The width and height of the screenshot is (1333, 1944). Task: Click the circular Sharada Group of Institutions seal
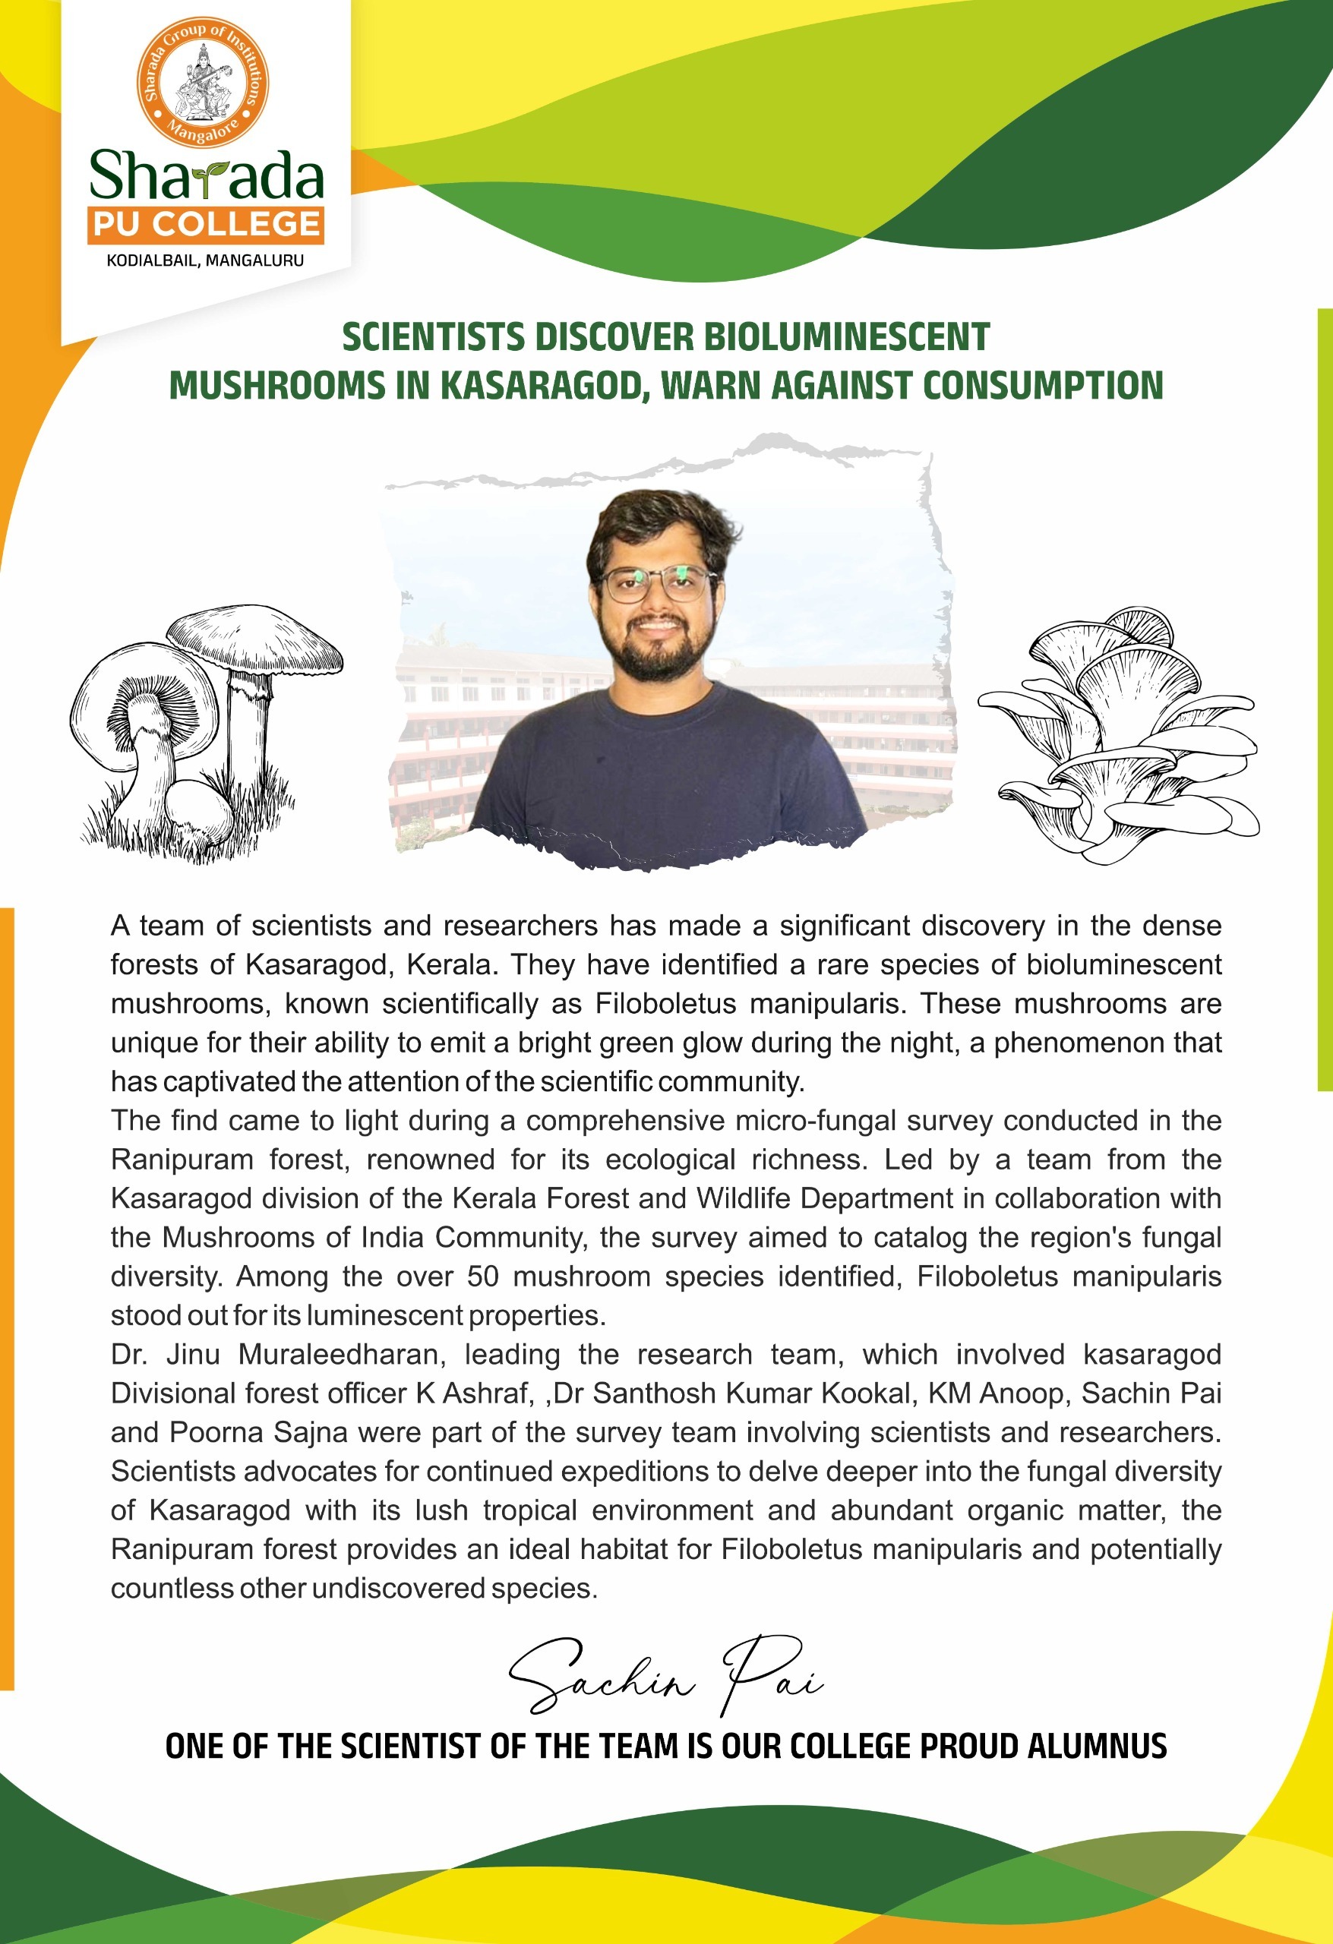click(x=203, y=82)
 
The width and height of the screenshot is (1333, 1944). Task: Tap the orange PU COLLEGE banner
click(x=206, y=224)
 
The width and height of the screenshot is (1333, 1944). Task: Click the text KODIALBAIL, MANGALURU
click(x=205, y=261)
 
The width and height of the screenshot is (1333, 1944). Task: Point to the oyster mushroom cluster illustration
click(x=1118, y=735)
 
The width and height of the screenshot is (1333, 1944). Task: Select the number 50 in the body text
click(x=483, y=1277)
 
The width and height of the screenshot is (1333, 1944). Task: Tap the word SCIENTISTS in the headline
click(x=434, y=337)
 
